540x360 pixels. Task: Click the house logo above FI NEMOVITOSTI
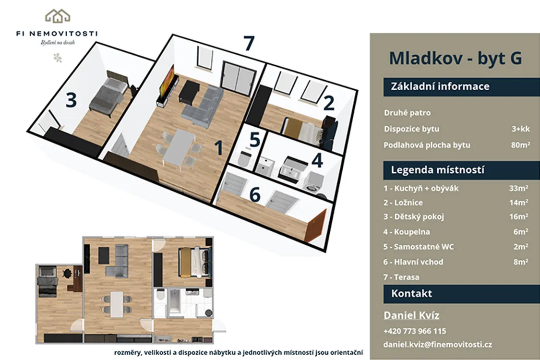tap(58, 16)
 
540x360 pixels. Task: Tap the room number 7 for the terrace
tap(249, 43)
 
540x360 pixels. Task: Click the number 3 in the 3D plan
tap(71, 100)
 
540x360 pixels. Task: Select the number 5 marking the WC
tap(254, 140)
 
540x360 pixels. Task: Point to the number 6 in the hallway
tap(255, 195)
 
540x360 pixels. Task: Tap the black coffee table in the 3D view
tap(189, 91)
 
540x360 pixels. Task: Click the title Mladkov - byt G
tap(456, 58)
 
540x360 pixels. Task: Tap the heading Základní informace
tap(440, 86)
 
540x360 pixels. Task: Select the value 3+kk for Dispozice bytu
tap(521, 129)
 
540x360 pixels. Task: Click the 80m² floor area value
tap(520, 145)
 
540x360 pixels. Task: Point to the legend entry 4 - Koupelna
tap(407, 232)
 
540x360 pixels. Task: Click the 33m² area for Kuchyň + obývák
tap(519, 188)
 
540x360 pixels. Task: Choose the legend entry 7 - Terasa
tap(401, 277)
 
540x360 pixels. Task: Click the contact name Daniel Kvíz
tap(411, 315)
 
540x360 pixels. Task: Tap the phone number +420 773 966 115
tap(415, 331)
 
